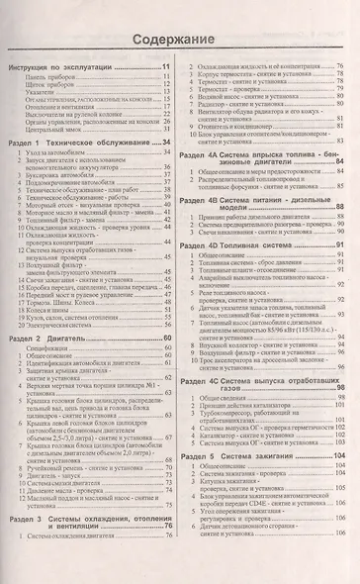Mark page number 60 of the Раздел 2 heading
(x=168, y=339)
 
